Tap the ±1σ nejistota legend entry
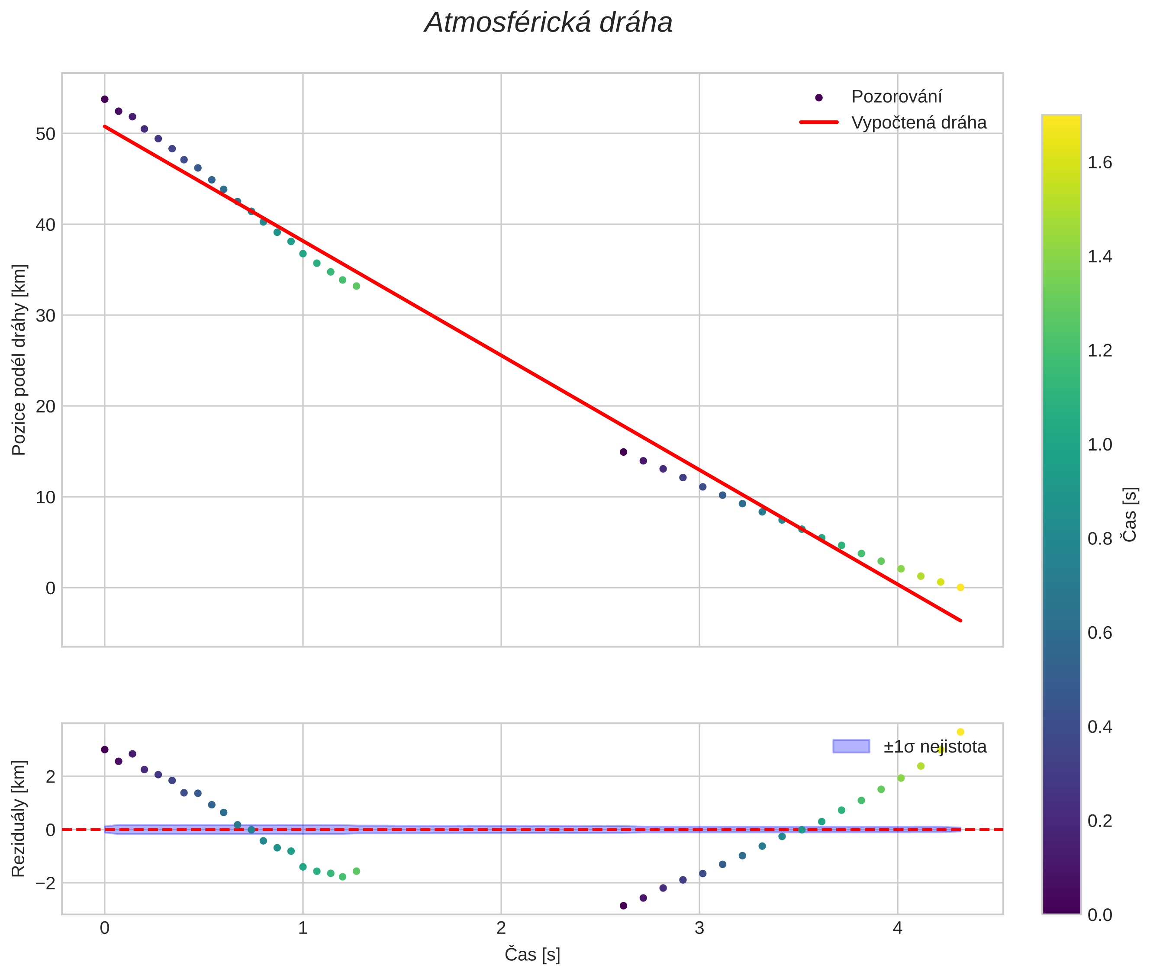[934, 747]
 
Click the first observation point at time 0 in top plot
[104, 100]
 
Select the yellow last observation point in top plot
[960, 588]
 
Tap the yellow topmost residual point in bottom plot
[960, 732]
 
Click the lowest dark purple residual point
[624, 906]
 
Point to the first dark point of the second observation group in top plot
[624, 452]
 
